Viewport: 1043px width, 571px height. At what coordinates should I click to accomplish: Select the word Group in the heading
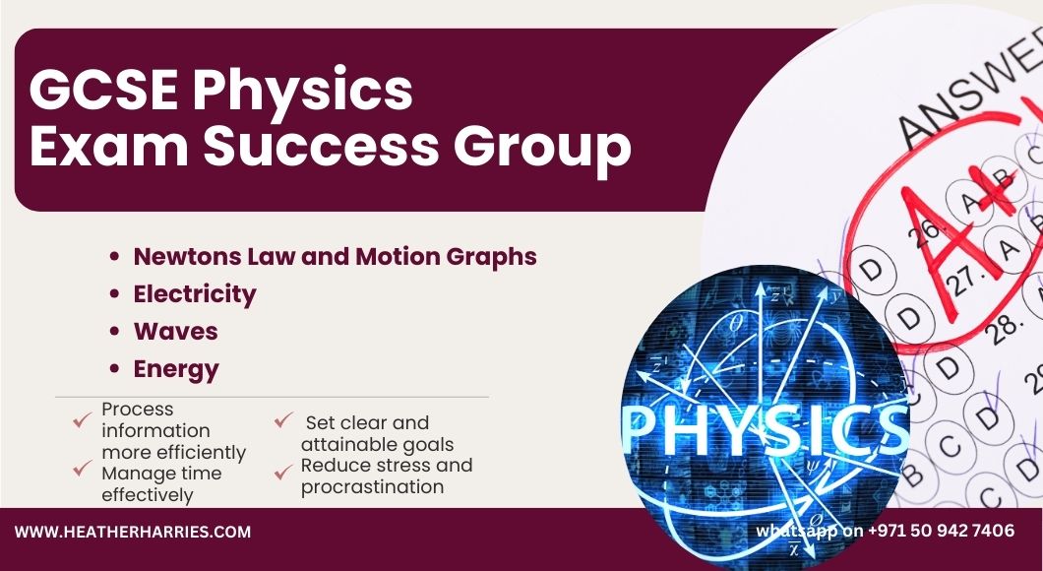542,149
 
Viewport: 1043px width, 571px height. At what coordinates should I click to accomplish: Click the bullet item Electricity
195,294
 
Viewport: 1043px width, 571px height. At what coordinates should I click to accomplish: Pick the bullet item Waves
175,332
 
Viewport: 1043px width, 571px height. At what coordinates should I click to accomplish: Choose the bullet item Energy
176,369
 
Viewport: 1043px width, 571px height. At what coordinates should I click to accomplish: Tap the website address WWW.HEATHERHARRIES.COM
133,532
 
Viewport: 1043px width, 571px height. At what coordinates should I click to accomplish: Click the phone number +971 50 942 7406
942,531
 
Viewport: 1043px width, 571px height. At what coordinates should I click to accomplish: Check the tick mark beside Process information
83,420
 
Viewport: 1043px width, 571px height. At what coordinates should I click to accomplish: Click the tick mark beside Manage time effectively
83,469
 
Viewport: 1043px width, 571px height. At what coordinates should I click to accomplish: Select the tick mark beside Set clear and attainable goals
284,420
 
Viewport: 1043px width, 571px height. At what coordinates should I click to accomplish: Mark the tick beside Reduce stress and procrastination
284,472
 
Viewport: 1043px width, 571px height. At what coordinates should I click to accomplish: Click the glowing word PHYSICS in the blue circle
765,428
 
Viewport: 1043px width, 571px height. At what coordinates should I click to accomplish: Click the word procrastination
373,488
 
